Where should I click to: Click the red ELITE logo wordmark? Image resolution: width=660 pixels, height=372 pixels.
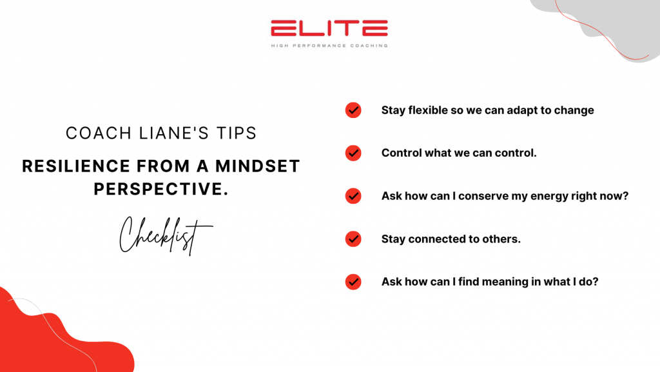coord(329,28)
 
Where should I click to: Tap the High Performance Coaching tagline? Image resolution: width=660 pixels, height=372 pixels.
coord(329,45)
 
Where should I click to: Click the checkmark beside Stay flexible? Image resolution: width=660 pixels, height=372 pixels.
coord(353,110)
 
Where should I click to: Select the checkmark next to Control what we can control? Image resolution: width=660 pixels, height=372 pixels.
coord(353,153)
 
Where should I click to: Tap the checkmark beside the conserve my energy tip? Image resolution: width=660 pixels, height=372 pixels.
coord(353,196)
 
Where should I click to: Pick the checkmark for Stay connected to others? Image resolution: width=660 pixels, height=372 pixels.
coord(353,239)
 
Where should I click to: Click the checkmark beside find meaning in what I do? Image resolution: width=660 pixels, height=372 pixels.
coord(353,282)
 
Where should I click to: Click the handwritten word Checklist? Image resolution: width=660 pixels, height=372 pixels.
coord(166,236)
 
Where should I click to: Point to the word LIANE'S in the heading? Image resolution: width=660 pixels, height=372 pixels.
coord(174,133)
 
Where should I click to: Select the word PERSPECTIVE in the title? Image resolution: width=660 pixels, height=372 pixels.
coord(160,189)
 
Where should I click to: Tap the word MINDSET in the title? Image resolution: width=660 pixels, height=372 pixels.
coord(258,166)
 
